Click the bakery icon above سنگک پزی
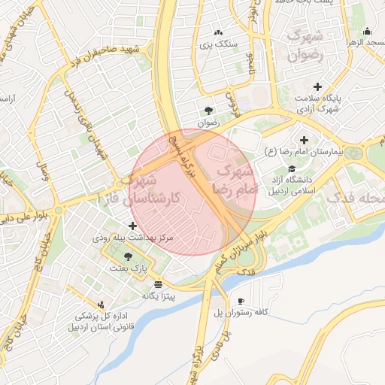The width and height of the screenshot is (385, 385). [x=218, y=32]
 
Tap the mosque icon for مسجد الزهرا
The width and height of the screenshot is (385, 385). [x=366, y=31]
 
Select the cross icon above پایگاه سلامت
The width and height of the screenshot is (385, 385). [x=317, y=86]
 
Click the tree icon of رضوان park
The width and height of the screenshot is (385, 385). [x=208, y=111]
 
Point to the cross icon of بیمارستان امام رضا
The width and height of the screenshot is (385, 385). [x=304, y=140]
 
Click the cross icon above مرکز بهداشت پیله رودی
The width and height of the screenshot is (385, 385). [x=133, y=226]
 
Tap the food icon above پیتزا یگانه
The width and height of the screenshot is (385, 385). [x=158, y=284]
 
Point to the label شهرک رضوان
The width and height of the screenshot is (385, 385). [x=305, y=44]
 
